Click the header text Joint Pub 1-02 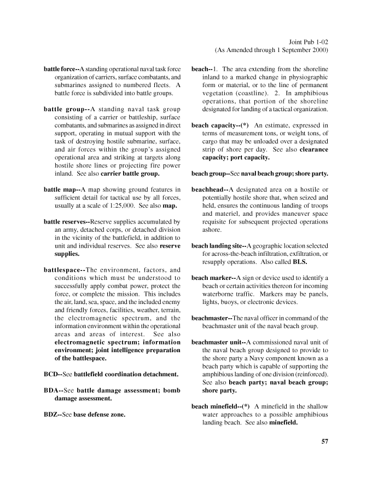tap(307, 41)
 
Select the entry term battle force tap(60, 70)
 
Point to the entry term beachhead tap(207, 189)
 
